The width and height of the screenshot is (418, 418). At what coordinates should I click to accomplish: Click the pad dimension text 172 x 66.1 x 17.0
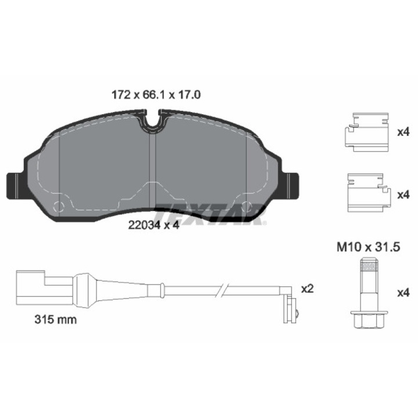tap(156, 95)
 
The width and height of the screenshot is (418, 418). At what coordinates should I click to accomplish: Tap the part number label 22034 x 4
tap(153, 225)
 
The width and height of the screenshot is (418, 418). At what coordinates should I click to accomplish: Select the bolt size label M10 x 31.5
tap(369, 247)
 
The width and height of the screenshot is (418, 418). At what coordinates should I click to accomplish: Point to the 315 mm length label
tap(56, 319)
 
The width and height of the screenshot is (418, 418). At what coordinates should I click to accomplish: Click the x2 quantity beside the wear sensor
tap(307, 289)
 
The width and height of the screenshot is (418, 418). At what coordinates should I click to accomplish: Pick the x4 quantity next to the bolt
tap(403, 293)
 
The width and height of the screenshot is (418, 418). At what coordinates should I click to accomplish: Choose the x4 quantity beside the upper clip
tap(403, 132)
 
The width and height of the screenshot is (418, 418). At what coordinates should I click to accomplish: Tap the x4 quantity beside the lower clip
tap(403, 195)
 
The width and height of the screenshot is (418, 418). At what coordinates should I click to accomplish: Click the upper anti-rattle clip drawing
tap(367, 132)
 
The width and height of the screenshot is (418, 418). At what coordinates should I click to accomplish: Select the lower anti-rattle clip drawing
tap(369, 193)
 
